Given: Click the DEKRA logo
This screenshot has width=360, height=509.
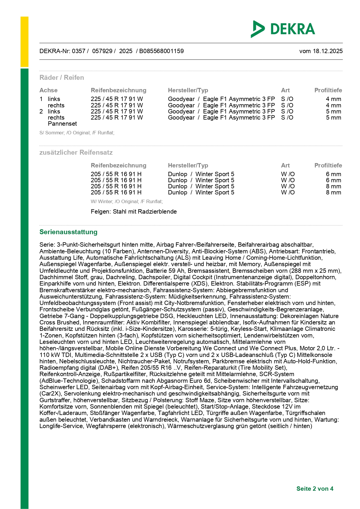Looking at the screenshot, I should (283, 29).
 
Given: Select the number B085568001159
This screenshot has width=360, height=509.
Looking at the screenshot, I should (161, 51).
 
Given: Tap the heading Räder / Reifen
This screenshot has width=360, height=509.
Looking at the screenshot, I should (62, 78).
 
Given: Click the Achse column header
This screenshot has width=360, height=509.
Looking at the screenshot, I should (48, 90).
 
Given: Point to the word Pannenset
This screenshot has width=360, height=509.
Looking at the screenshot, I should (62, 124).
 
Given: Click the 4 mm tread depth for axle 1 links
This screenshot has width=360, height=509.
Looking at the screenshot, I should (333, 99).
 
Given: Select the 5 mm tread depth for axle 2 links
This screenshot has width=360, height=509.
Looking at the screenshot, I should (333, 112).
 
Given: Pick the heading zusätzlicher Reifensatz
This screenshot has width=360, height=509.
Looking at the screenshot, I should (76, 153).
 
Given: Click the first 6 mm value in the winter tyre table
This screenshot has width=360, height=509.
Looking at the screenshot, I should (333, 174).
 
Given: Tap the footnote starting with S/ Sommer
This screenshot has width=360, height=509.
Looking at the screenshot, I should (77, 133).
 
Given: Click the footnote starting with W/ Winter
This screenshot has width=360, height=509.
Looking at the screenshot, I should (127, 202).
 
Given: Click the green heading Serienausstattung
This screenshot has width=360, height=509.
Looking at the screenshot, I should (68, 232).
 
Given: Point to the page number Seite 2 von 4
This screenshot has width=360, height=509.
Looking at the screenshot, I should (315, 489).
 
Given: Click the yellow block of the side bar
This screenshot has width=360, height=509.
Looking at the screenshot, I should (24, 42).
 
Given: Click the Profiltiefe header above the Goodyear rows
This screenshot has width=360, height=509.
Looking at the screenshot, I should (328, 90).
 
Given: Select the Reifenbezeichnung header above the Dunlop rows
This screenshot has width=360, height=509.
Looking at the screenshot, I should (118, 165).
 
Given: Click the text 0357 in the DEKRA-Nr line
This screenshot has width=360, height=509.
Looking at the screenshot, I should (78, 51).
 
